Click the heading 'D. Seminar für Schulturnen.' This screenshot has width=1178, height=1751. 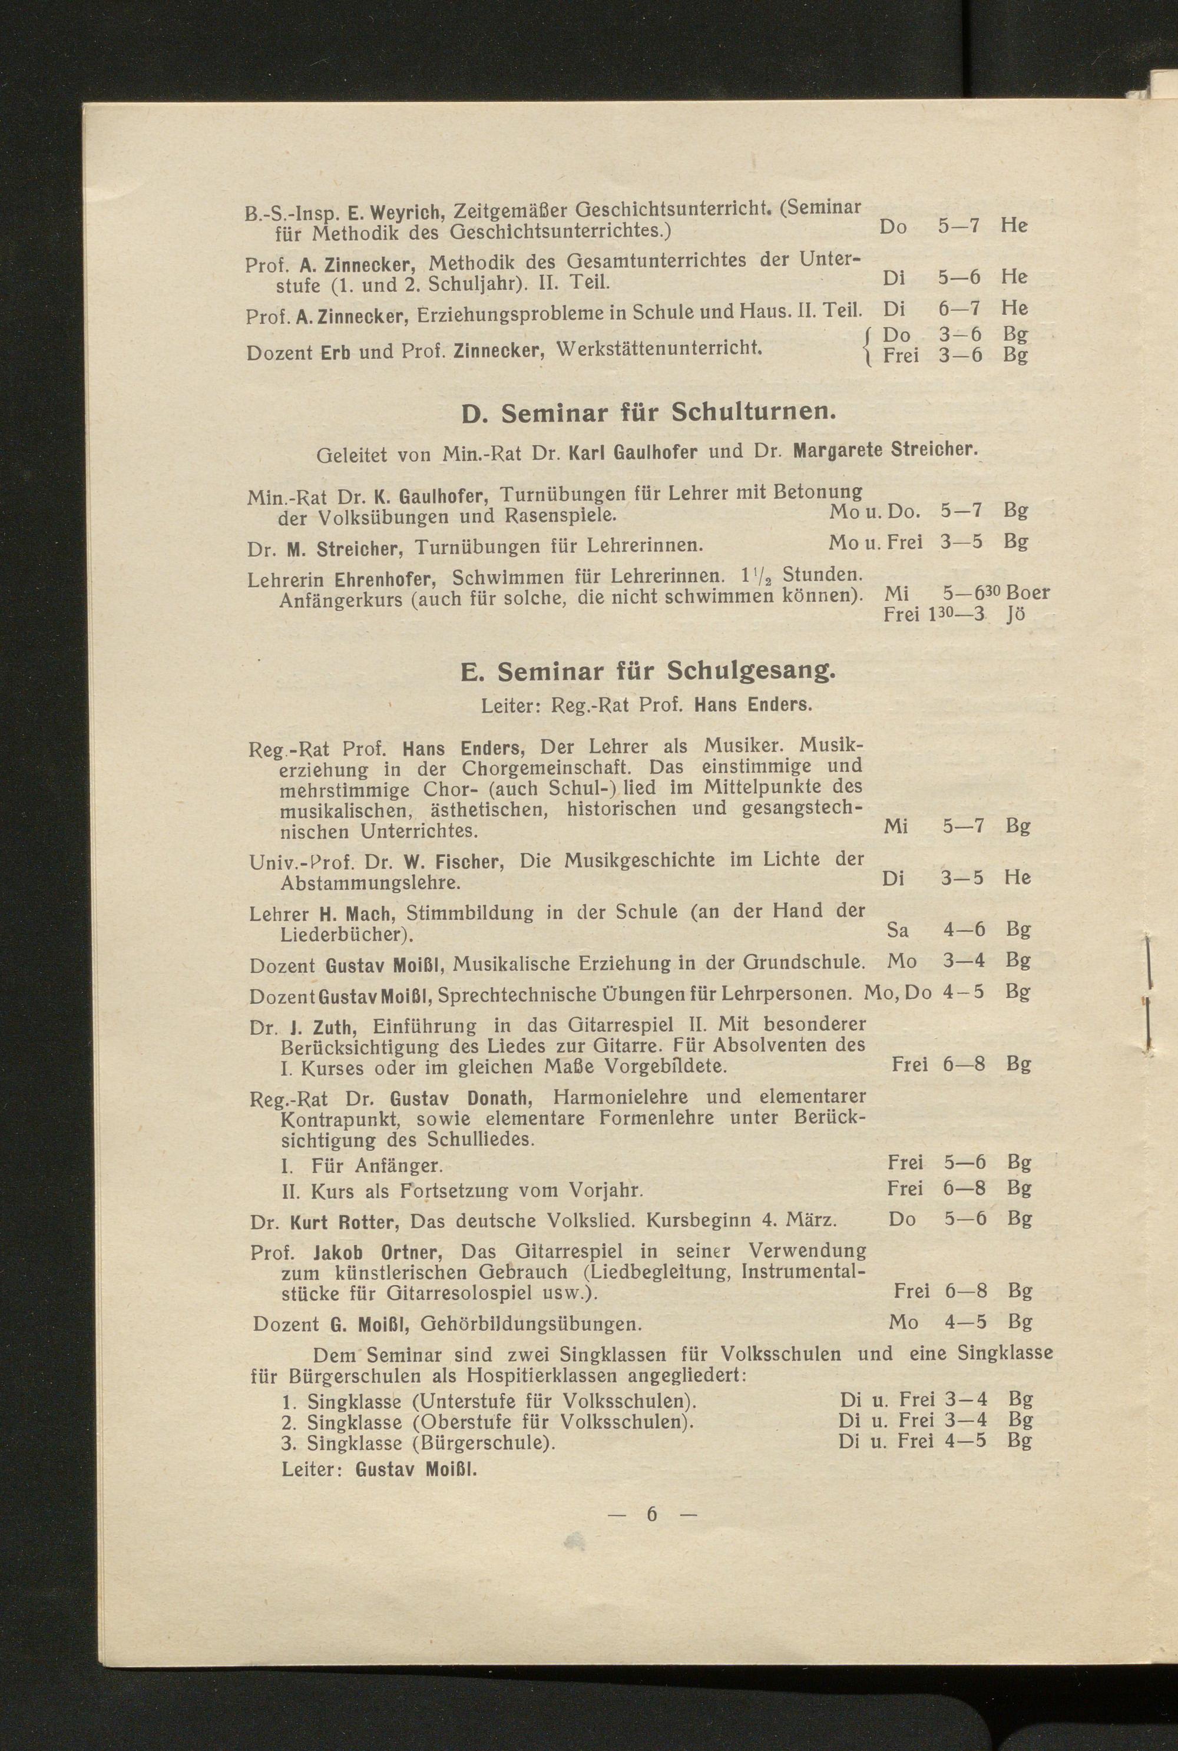click(647, 412)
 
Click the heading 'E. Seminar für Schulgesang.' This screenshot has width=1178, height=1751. click(647, 670)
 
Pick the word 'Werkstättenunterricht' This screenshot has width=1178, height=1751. click(661, 349)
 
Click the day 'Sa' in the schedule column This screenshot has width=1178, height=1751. click(897, 930)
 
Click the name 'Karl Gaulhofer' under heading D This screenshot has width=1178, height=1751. click(633, 452)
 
